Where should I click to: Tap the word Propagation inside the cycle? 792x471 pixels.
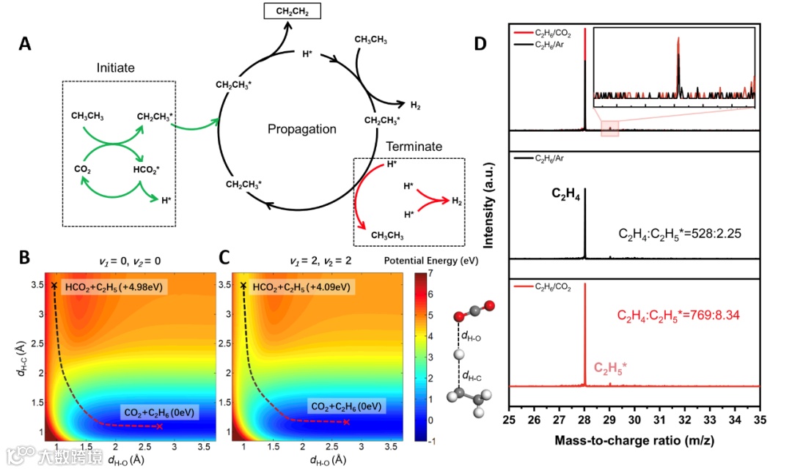click(x=302, y=129)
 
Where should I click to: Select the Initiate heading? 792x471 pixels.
click(x=116, y=67)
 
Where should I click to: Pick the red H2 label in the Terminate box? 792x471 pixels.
click(x=457, y=201)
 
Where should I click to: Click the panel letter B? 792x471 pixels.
click(x=25, y=258)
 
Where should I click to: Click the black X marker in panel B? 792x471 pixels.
click(x=54, y=285)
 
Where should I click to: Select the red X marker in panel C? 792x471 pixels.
click(x=347, y=423)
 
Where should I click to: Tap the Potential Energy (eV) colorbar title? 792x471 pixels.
click(x=432, y=261)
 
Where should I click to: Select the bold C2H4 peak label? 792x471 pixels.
click(x=567, y=195)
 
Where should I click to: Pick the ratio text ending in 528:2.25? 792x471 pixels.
click(x=680, y=234)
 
